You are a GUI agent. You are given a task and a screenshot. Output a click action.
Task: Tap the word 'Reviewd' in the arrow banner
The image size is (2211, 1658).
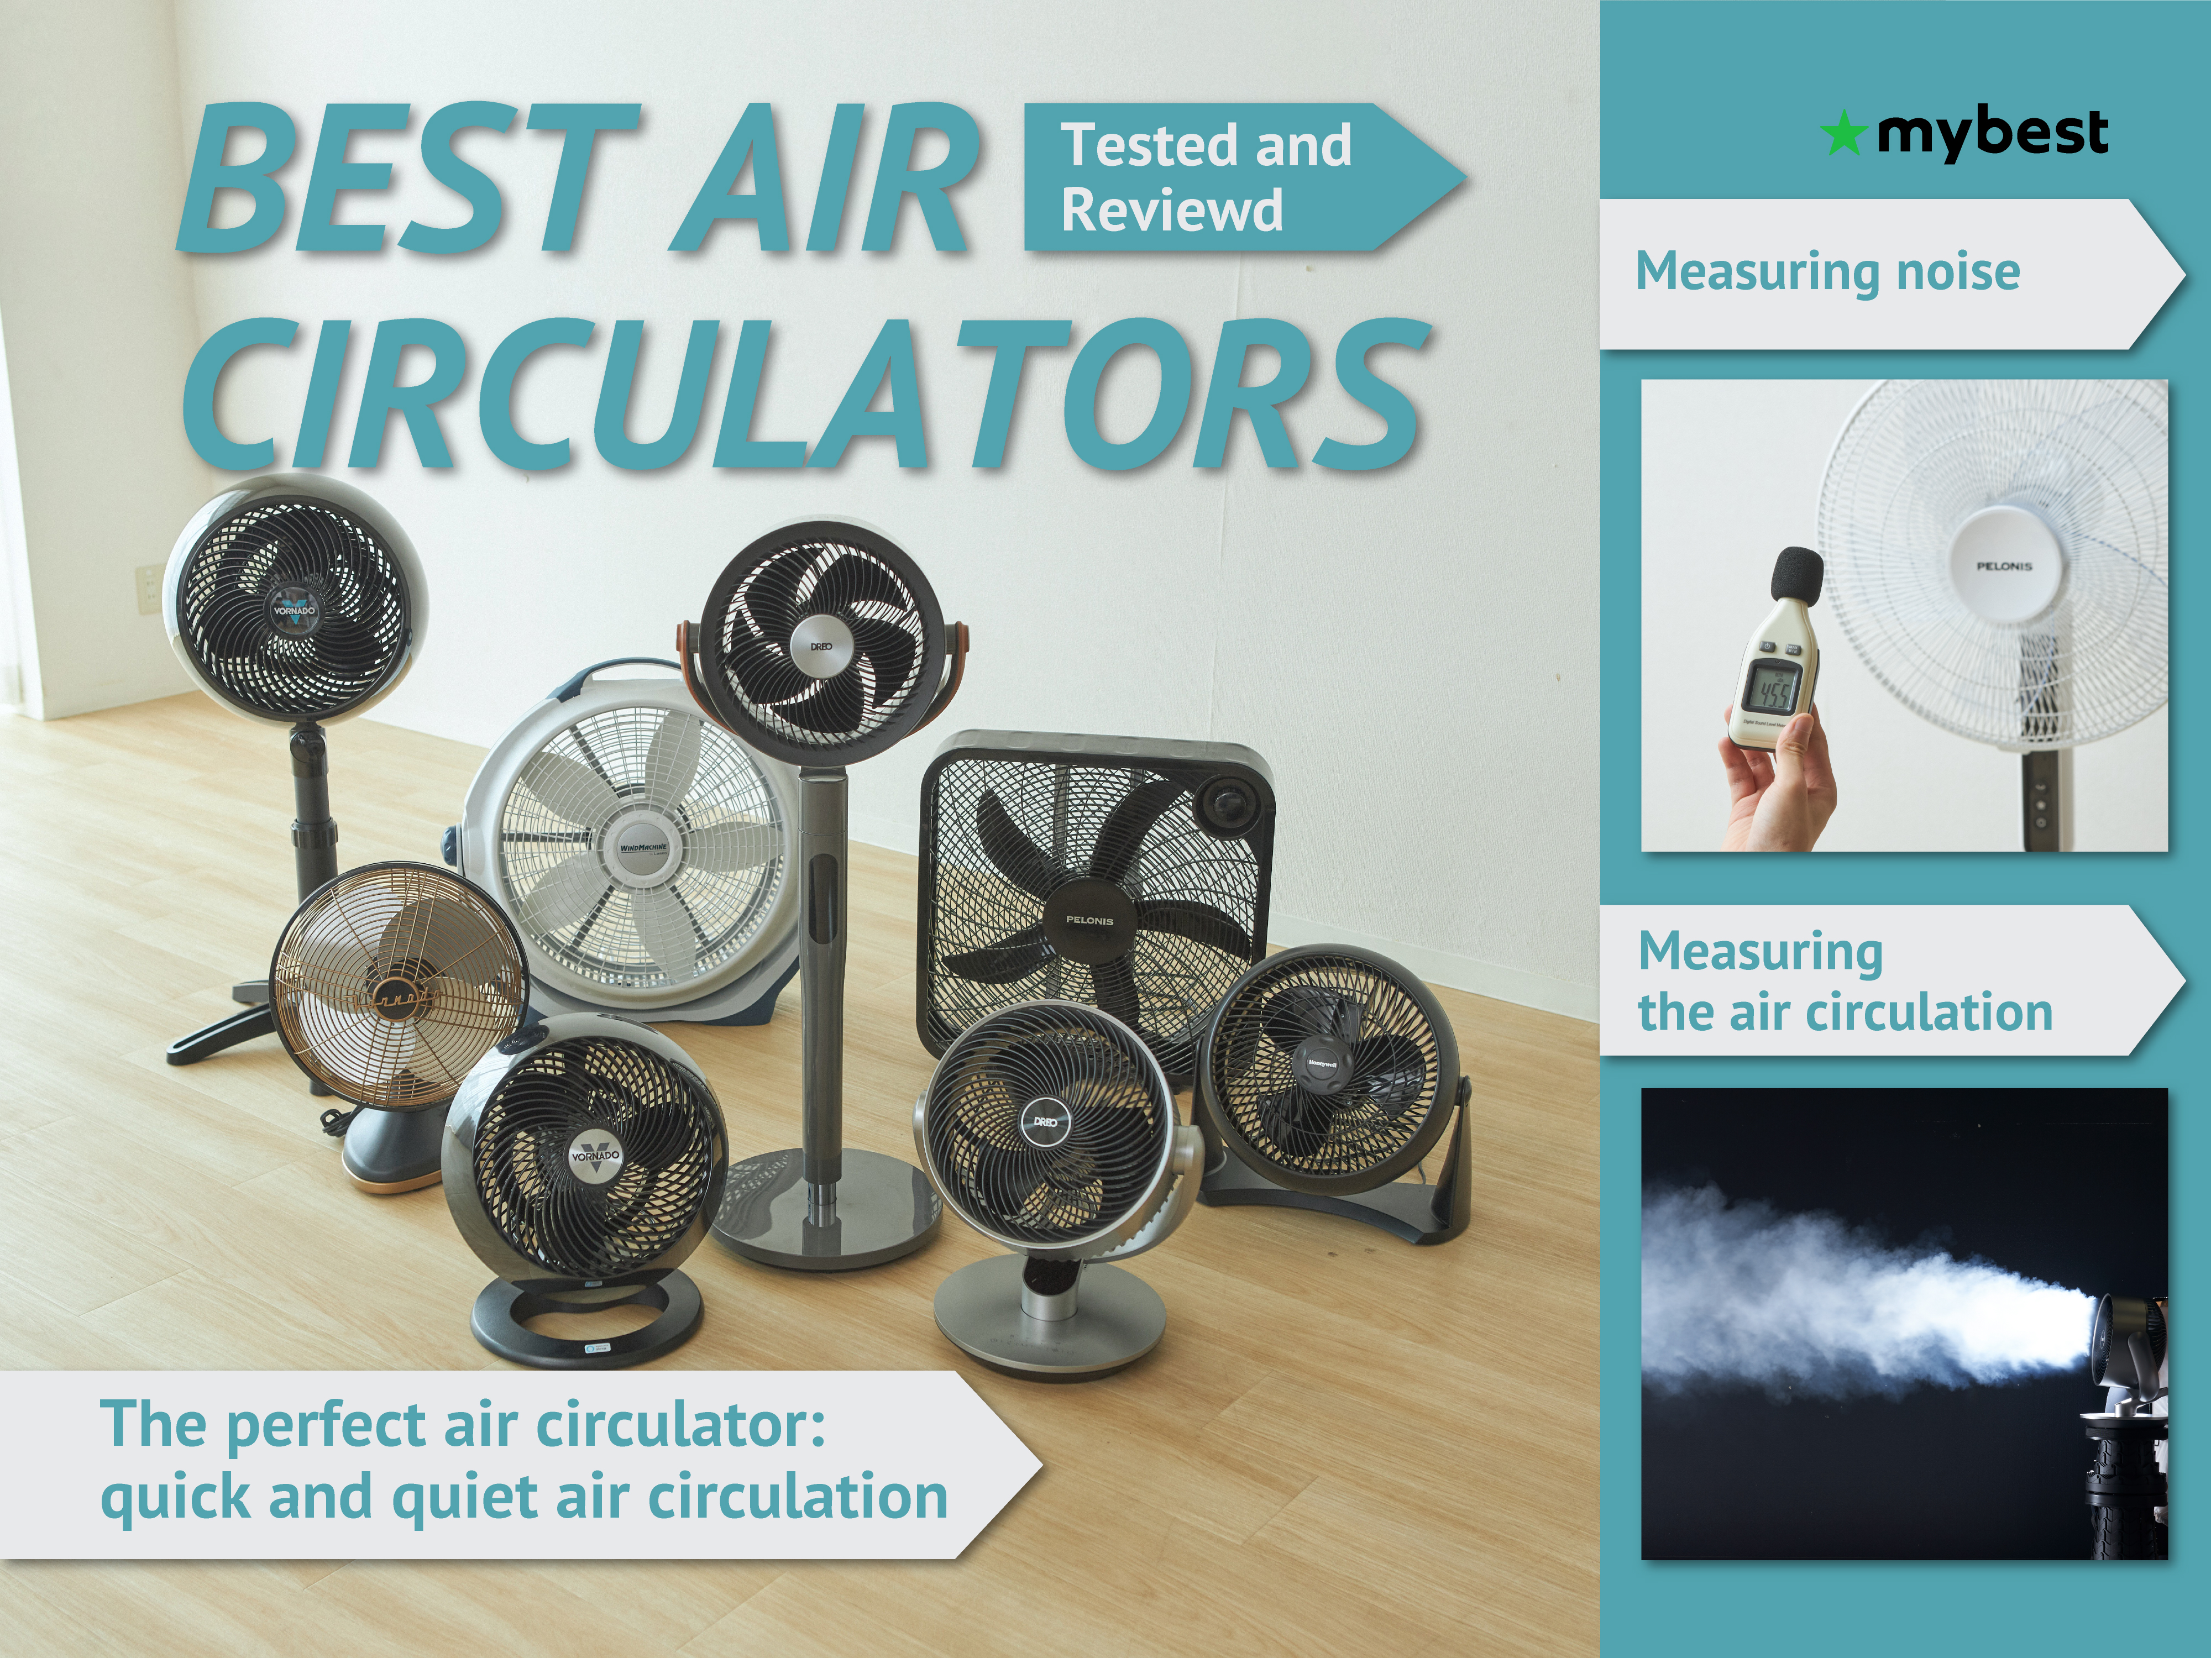tap(1171, 211)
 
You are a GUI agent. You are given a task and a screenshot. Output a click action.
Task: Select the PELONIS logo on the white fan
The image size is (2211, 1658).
tap(2004, 566)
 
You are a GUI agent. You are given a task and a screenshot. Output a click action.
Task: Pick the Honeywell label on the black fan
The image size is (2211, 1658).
tap(1322, 1064)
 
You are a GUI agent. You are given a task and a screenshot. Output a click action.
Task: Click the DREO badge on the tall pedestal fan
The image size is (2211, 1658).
tap(821, 647)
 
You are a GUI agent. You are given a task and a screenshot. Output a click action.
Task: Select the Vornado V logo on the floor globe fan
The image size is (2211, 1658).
tap(595, 1156)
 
